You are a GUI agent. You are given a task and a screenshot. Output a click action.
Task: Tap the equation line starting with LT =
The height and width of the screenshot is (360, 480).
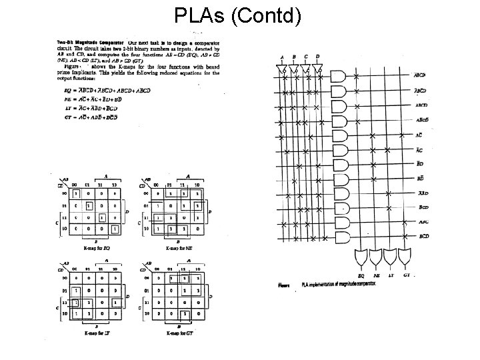[x=83, y=108]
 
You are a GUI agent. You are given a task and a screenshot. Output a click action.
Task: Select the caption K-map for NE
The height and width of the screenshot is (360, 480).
[x=179, y=247]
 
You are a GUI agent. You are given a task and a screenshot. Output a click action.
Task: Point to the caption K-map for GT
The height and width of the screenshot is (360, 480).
[x=179, y=331]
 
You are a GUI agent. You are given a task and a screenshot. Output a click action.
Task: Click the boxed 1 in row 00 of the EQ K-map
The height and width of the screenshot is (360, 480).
[x=77, y=193]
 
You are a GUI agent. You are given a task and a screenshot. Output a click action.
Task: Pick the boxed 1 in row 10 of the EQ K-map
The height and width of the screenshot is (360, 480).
[x=116, y=229]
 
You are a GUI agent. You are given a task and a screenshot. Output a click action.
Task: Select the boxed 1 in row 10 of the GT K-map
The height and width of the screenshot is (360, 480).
[x=197, y=313]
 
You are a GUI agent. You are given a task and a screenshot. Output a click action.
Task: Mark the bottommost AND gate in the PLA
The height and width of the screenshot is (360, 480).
[x=339, y=237]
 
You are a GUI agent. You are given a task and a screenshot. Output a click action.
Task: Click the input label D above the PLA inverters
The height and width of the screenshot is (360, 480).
[x=317, y=57]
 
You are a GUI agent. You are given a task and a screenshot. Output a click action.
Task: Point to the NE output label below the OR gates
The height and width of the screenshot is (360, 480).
[x=377, y=275]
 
